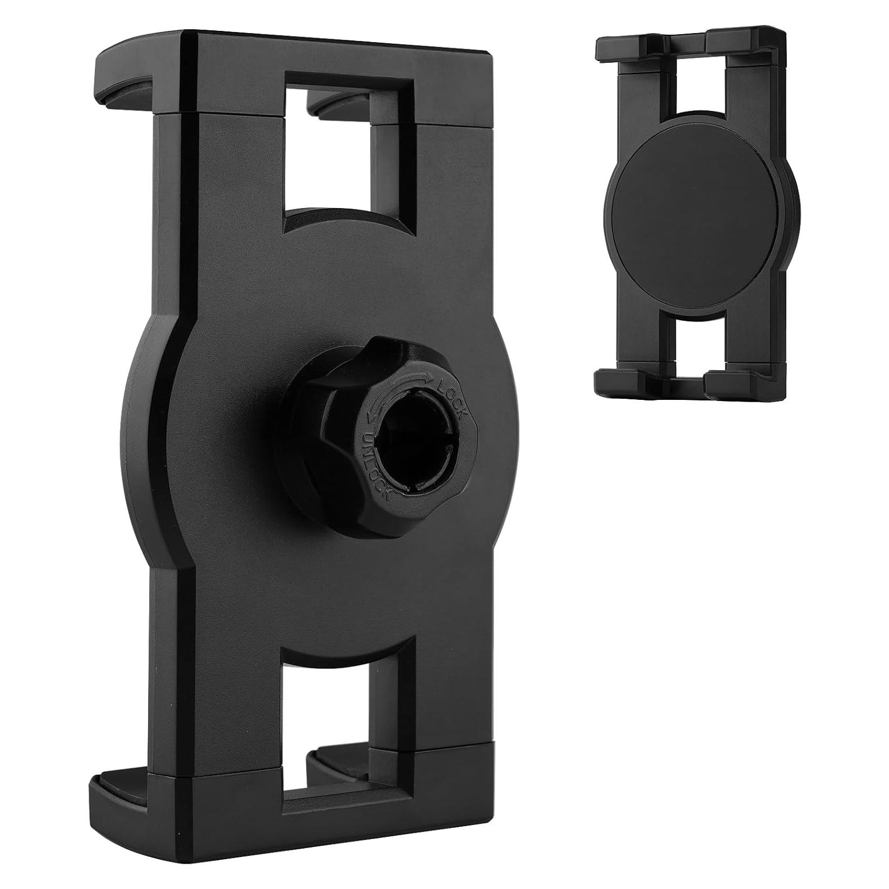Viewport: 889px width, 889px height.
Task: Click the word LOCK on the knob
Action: point(453,399)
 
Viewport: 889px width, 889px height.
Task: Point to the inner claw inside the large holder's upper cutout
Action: point(337,104)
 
